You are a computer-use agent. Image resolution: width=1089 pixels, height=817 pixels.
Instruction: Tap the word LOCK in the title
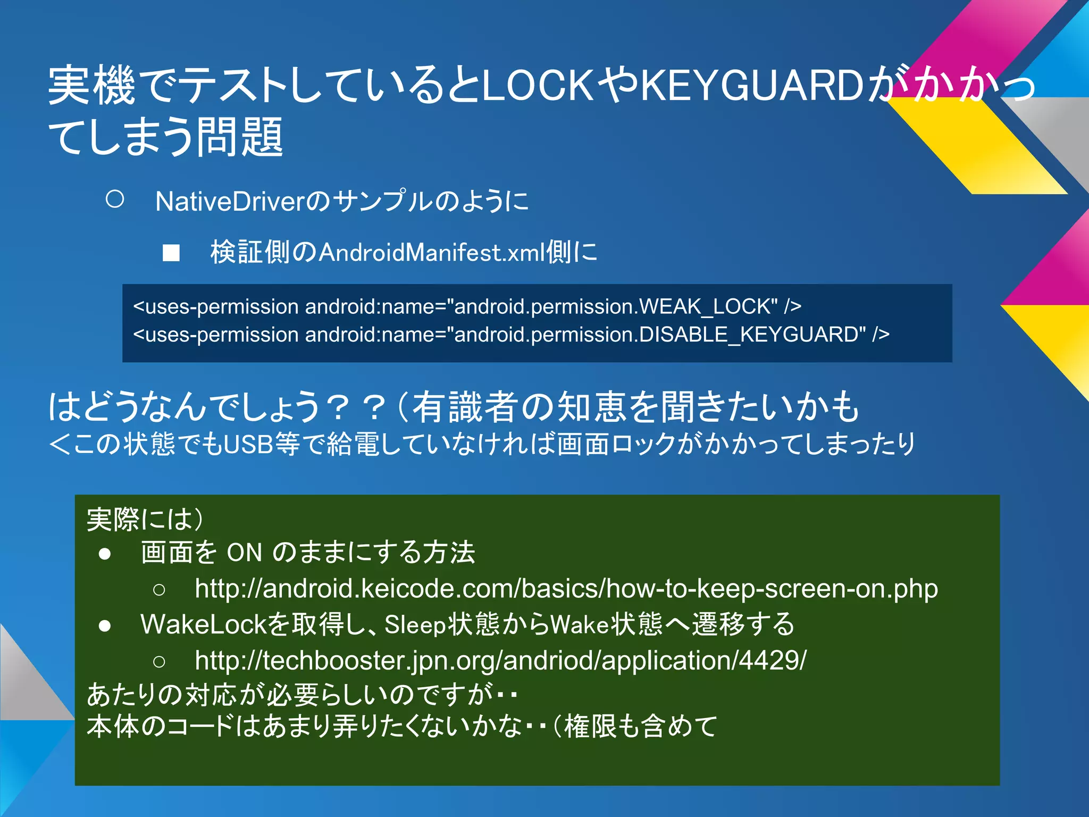537,85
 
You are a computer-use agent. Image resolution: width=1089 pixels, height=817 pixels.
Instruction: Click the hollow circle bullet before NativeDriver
115,200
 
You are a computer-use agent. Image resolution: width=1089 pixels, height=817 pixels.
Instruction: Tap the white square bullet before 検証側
171,253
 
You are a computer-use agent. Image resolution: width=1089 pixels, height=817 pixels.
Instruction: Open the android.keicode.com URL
566,588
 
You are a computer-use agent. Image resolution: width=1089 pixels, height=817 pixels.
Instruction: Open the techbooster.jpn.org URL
500,660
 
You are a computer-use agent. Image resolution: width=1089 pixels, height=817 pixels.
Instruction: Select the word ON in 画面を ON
244,553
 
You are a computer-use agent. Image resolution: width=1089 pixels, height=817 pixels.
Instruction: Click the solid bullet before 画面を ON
105,554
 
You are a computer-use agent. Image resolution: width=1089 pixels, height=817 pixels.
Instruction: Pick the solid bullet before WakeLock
105,626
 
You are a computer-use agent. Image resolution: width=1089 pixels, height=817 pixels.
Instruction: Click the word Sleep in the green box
415,625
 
